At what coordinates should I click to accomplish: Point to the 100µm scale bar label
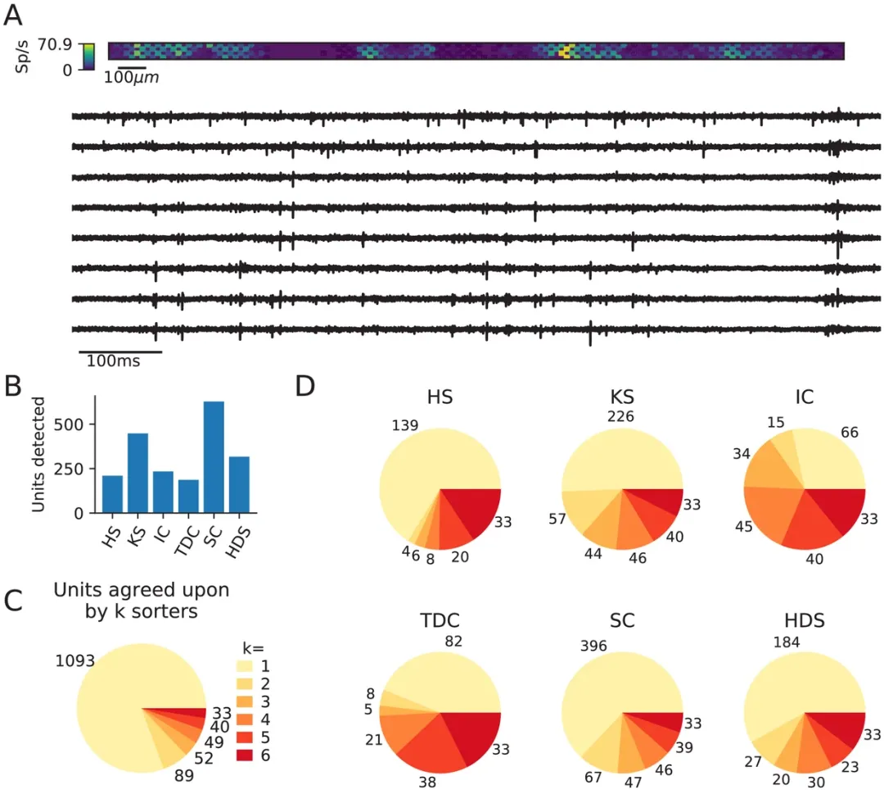131,77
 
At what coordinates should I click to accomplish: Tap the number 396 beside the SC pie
593,646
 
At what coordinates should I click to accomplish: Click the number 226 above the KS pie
622,415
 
